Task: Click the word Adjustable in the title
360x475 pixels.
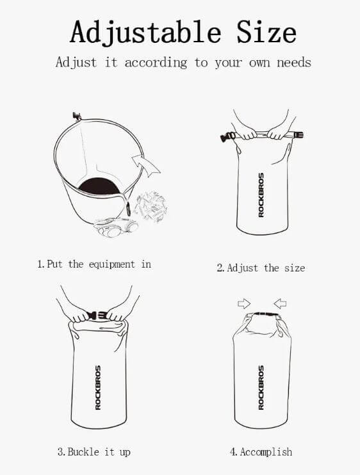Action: pos(145,33)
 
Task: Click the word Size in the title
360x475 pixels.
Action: pos(266,31)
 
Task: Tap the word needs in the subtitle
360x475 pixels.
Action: pos(294,63)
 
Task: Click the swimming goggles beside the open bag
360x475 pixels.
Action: pos(116,227)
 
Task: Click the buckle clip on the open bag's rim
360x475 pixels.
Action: pos(77,116)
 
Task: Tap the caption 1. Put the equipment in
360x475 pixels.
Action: pos(94,264)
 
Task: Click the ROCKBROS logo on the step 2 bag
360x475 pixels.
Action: pos(261,195)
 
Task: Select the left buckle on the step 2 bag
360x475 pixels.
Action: pos(228,137)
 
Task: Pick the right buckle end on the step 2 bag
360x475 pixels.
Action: pos(298,134)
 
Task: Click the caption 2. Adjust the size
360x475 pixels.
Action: pos(261,268)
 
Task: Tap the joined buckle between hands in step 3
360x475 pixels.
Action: pos(97,316)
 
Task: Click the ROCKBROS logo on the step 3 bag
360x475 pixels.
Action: pos(98,387)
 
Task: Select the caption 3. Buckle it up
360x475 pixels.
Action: pos(94,452)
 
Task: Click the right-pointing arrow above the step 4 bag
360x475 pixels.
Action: pos(244,303)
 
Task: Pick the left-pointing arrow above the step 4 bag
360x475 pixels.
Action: pos(280,303)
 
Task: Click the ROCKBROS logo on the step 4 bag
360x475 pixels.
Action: pos(261,387)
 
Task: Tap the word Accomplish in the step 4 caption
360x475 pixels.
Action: pos(266,452)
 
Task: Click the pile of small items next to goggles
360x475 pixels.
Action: pos(151,207)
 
